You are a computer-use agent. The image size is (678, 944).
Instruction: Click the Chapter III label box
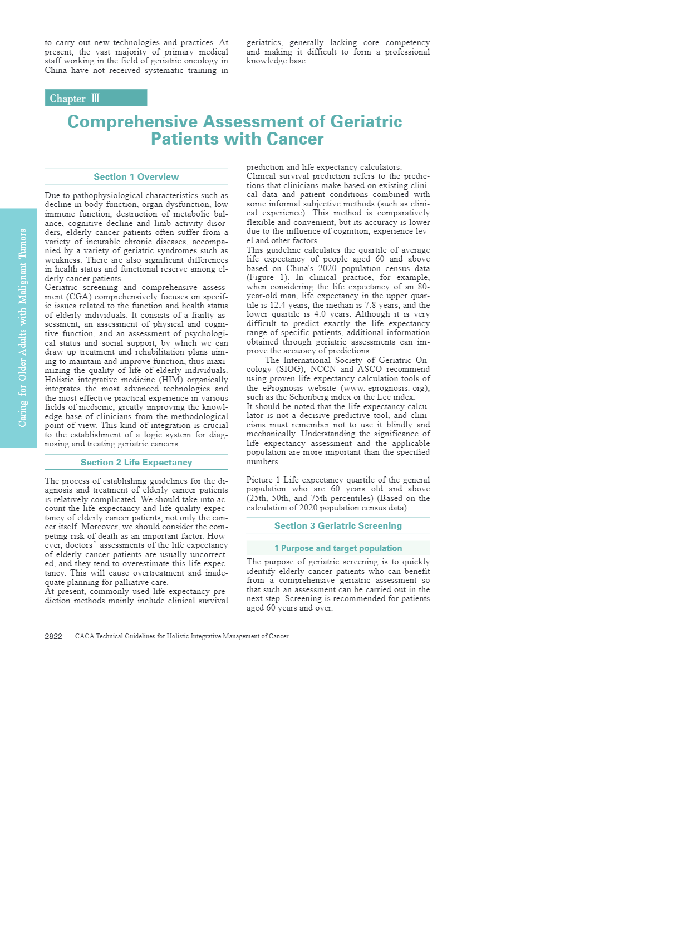[96, 98]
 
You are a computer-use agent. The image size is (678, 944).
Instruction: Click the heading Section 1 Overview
[136, 177]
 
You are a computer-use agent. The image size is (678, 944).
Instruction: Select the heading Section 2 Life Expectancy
[136, 463]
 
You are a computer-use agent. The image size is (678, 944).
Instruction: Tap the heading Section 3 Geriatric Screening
[338, 526]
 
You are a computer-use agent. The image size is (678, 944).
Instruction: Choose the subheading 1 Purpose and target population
[338, 548]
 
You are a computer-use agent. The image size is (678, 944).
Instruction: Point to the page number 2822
[53, 636]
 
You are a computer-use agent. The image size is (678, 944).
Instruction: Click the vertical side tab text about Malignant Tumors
[23, 328]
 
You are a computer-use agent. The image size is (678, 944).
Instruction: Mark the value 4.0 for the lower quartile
[320, 314]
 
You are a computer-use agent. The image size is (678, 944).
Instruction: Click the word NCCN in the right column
[323, 370]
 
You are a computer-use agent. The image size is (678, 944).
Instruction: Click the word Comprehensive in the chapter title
[132, 122]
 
